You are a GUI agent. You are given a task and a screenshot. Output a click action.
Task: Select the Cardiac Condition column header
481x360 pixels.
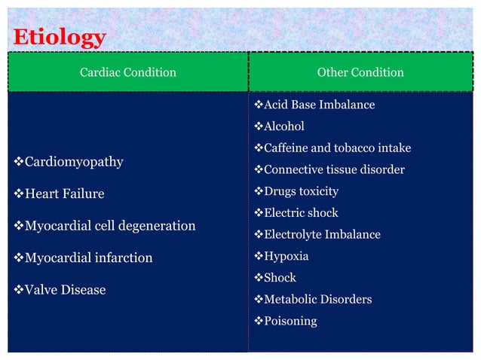[x=127, y=72]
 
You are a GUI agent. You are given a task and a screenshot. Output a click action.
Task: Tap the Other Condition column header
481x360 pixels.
[x=360, y=72]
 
